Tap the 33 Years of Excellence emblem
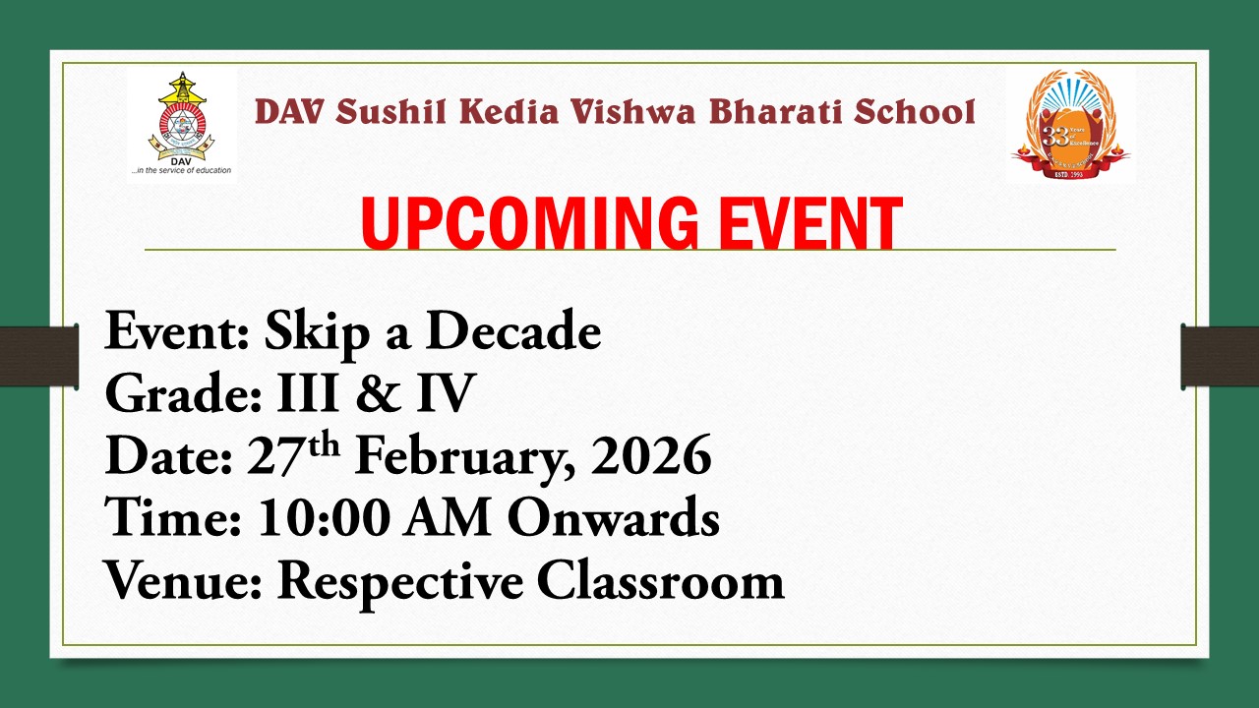click(1069, 125)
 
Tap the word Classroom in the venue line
click(660, 581)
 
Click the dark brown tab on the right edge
click(1220, 355)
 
